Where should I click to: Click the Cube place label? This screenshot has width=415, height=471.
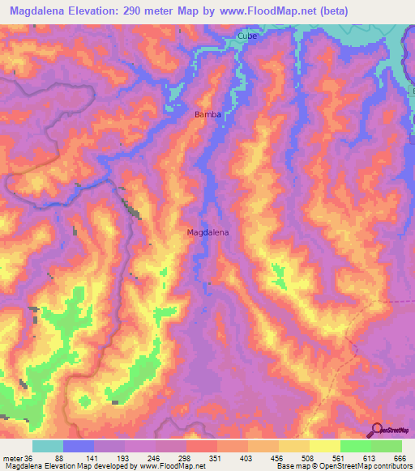point(246,36)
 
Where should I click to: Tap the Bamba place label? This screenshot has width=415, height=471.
point(207,115)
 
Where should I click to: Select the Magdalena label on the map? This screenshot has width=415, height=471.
point(207,232)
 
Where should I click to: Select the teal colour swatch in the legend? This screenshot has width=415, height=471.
point(48,446)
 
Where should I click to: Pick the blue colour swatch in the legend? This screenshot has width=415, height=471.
point(79,446)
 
